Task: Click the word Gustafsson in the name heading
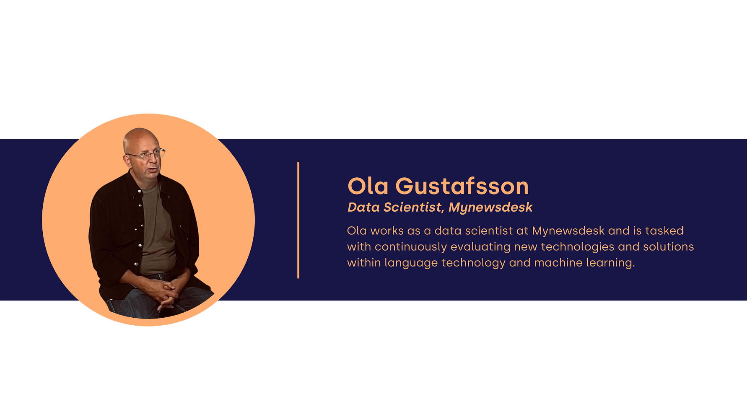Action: coord(462,186)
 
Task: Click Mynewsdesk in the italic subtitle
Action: coord(490,207)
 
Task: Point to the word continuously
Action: coord(411,247)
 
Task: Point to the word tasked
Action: coord(664,231)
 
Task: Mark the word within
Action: coord(364,262)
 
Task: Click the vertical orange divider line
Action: coord(298,220)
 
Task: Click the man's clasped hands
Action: coord(168,293)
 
